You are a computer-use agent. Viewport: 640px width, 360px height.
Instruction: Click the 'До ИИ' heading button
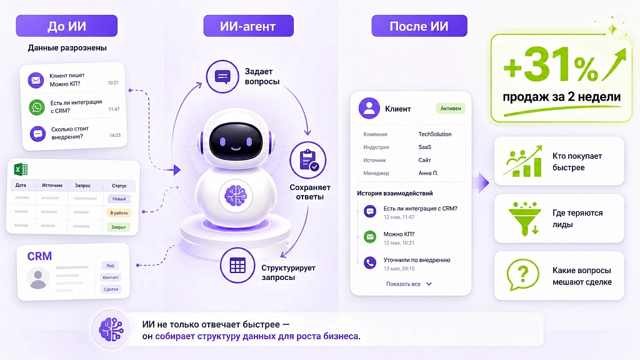coord(66,26)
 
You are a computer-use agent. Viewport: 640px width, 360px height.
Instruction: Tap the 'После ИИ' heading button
coord(419,26)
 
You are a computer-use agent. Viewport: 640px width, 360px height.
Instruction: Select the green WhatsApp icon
coord(37,107)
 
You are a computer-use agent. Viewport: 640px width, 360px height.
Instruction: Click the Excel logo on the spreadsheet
coord(21,169)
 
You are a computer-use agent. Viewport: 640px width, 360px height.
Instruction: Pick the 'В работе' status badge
coord(119,212)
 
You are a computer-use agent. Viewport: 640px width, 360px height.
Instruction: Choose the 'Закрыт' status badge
coord(118,227)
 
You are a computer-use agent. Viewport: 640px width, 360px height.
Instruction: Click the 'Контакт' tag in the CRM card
coord(110,277)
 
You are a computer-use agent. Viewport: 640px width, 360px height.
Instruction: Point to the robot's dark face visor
coord(236,141)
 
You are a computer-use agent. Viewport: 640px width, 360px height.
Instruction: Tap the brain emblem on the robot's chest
coord(236,196)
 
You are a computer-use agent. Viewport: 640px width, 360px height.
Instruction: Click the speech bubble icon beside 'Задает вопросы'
coord(222,76)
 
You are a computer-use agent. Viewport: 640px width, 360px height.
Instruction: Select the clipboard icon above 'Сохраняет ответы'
coord(307,160)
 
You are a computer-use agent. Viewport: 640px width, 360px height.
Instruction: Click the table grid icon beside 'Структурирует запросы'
coord(237,265)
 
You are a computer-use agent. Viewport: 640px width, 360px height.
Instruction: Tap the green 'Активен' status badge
coord(451,109)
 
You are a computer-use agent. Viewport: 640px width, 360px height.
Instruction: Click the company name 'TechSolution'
coord(435,134)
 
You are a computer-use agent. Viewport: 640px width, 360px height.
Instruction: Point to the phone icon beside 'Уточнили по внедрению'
coord(370,262)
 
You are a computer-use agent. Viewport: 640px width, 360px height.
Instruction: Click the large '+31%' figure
coord(551,64)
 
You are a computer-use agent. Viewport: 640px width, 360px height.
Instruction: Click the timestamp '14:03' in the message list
coord(115,135)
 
